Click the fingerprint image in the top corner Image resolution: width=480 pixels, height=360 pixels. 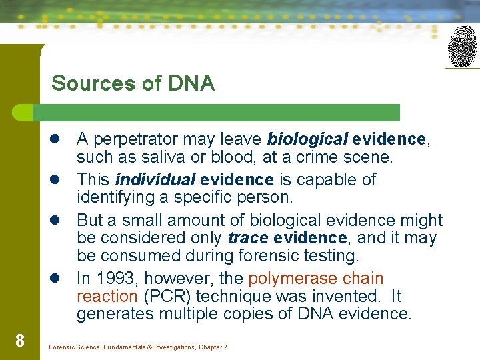click(x=463, y=46)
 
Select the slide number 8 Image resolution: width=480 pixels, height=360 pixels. click(x=20, y=341)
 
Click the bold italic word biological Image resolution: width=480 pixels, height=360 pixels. click(x=307, y=139)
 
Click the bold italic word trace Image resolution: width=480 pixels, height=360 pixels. click(x=247, y=238)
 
